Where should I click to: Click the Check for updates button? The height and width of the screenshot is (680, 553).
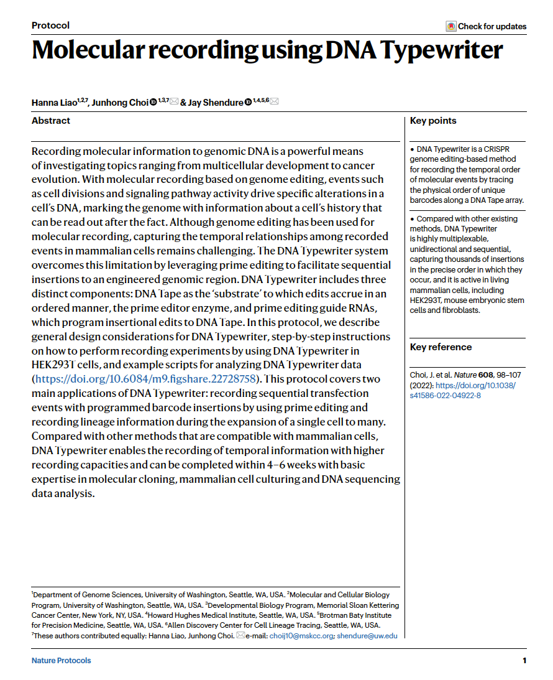486,26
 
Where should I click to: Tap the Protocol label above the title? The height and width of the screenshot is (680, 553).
50,26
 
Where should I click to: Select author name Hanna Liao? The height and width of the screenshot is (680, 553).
54,102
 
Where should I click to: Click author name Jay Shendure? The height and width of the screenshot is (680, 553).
215,102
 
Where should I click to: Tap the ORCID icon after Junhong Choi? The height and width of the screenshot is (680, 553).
153,102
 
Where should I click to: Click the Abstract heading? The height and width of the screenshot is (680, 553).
51,121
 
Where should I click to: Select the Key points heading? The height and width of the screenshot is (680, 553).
433,121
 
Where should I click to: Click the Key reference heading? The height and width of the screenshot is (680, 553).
441,347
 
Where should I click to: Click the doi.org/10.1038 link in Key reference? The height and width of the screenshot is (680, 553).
475,385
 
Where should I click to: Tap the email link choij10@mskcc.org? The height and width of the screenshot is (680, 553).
301,636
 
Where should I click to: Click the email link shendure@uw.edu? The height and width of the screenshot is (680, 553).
367,636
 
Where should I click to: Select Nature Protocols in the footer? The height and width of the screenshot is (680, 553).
61,661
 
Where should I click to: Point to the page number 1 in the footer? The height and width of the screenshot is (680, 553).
524,661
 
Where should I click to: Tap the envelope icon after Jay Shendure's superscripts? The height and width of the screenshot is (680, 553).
274,102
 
